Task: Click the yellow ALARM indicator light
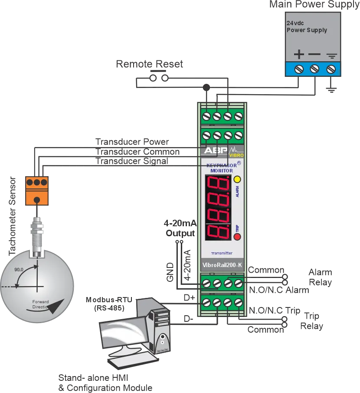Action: [x=237, y=179]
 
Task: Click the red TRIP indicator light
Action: [x=237, y=237]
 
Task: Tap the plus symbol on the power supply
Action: [x=299, y=54]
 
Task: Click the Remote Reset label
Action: [x=150, y=64]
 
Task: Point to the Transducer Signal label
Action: [x=132, y=161]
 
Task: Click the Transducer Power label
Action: [x=132, y=142]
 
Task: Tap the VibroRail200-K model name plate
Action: [x=223, y=265]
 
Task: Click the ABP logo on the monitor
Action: [x=216, y=150]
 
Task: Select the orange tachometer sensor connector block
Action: [x=37, y=191]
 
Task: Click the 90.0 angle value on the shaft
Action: [x=19, y=270]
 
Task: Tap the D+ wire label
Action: [x=189, y=297]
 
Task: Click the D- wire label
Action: [x=189, y=319]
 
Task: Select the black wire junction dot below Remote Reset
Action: [x=206, y=87]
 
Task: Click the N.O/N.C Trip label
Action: [x=275, y=310]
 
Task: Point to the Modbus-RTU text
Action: [x=109, y=300]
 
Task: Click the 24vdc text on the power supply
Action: [x=295, y=23]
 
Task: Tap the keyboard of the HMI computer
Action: [x=133, y=361]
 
